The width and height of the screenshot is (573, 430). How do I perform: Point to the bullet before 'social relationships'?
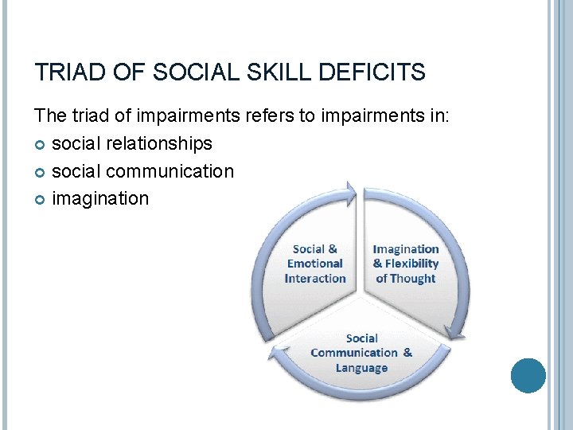pos(41,144)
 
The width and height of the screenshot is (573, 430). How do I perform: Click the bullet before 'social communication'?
pos(41,172)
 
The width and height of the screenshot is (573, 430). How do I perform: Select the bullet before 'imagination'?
pos(41,199)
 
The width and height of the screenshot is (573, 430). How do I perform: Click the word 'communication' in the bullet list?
pos(170,171)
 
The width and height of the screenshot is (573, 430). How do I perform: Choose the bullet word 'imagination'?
pos(100,198)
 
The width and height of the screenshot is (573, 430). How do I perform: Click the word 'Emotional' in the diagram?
pos(315,264)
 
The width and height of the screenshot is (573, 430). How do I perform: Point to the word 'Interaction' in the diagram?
pos(315,279)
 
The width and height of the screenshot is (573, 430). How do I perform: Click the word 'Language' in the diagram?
pos(361,368)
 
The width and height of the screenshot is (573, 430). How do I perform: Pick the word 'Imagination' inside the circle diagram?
pos(406,249)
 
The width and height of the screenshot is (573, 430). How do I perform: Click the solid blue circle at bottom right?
pos(528,375)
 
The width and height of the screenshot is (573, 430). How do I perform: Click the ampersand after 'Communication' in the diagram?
pos(407,353)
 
